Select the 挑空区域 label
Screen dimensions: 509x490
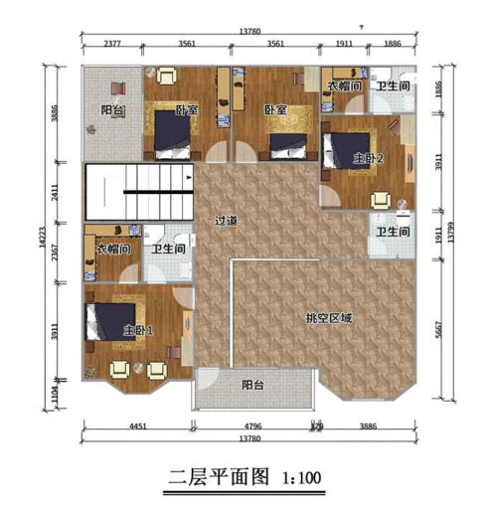(329, 318)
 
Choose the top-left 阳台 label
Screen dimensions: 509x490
(112, 110)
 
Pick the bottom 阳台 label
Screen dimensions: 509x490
(253, 385)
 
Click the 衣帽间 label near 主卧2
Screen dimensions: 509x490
(344, 86)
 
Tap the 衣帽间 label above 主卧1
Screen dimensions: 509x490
(112, 249)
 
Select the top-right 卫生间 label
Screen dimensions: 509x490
(393, 86)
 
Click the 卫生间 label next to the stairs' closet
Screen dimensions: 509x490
(168, 249)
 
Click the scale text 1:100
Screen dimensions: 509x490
(301, 476)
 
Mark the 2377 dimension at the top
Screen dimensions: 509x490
(112, 45)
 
